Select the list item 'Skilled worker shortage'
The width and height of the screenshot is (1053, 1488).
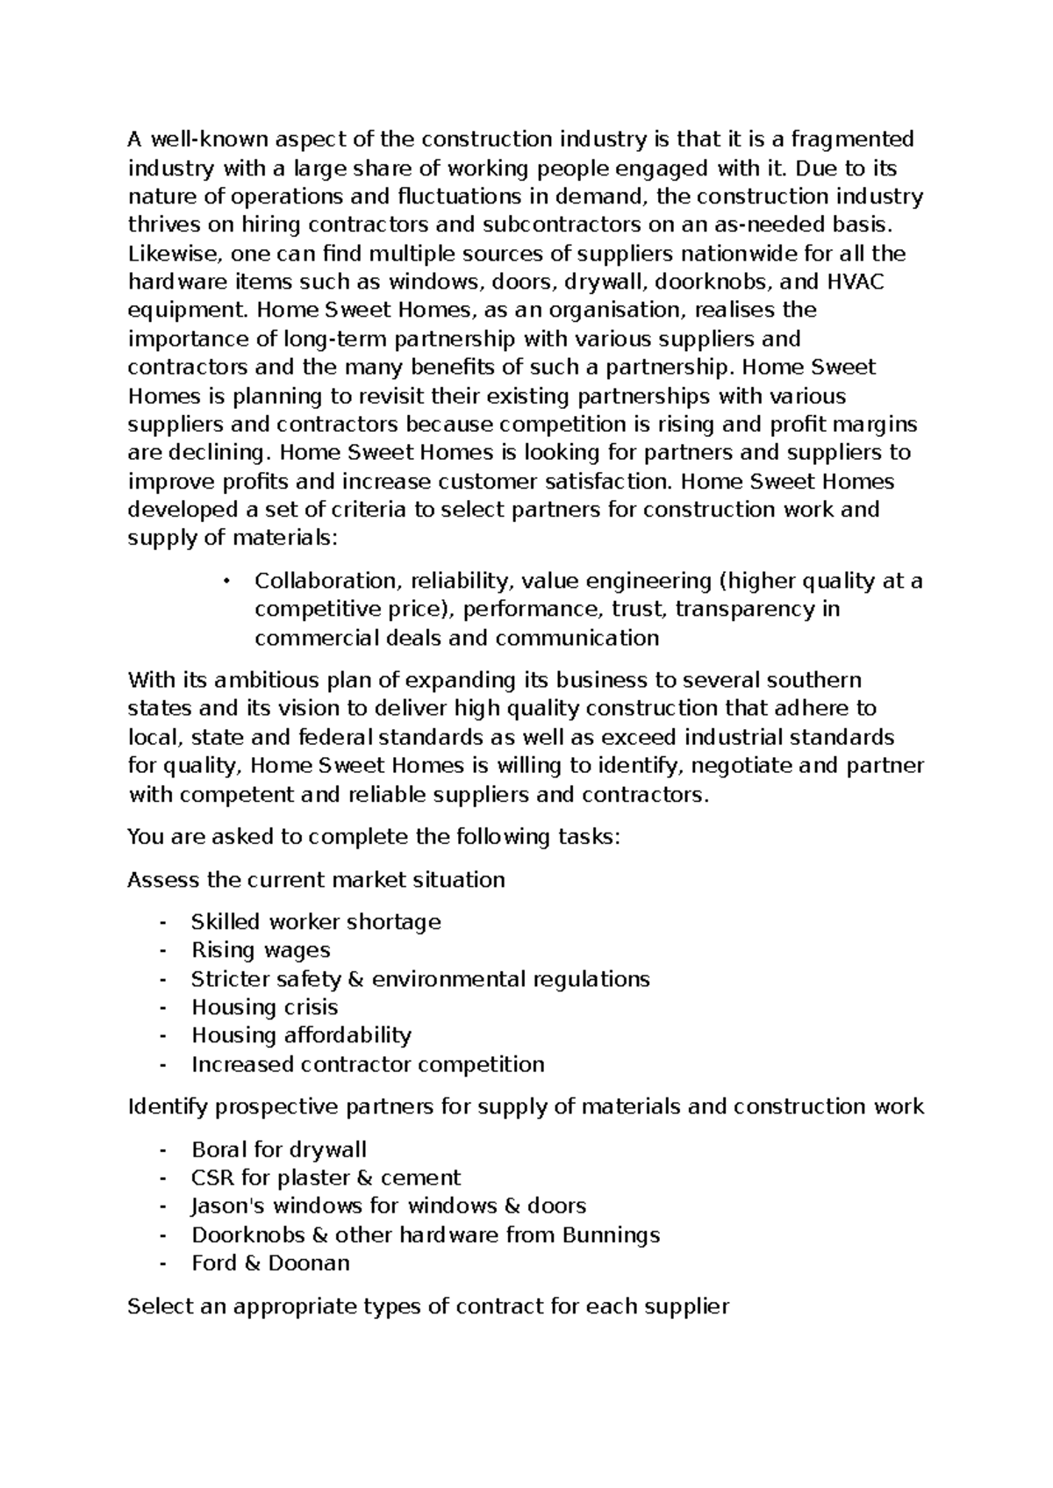(316, 922)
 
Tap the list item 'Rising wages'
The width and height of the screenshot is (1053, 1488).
(261, 950)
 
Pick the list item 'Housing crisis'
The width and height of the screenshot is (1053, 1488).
(264, 1007)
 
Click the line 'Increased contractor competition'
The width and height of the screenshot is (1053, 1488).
(368, 1064)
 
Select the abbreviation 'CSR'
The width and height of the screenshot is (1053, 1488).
(212, 1177)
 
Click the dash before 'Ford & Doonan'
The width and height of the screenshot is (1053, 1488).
(162, 1263)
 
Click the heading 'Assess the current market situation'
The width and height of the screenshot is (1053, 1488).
(316, 880)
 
